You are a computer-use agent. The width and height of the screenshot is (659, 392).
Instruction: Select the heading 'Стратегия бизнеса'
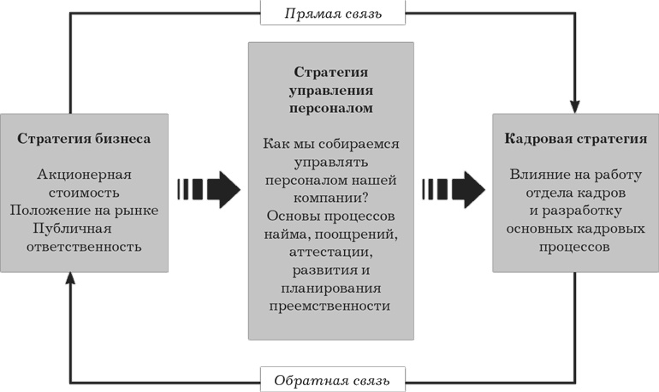point(85,139)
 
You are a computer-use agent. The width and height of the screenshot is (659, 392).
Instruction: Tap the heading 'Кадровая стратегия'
point(575,139)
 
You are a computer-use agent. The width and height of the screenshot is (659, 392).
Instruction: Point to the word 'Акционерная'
point(84,175)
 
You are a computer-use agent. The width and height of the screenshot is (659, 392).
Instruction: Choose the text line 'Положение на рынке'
point(85,210)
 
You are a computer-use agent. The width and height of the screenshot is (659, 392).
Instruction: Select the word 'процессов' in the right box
point(575,246)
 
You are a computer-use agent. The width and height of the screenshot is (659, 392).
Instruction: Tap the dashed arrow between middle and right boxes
point(453,189)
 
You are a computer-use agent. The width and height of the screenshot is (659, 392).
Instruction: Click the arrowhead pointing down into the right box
point(575,104)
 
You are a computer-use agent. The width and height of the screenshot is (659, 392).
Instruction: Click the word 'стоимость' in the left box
point(84,192)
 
